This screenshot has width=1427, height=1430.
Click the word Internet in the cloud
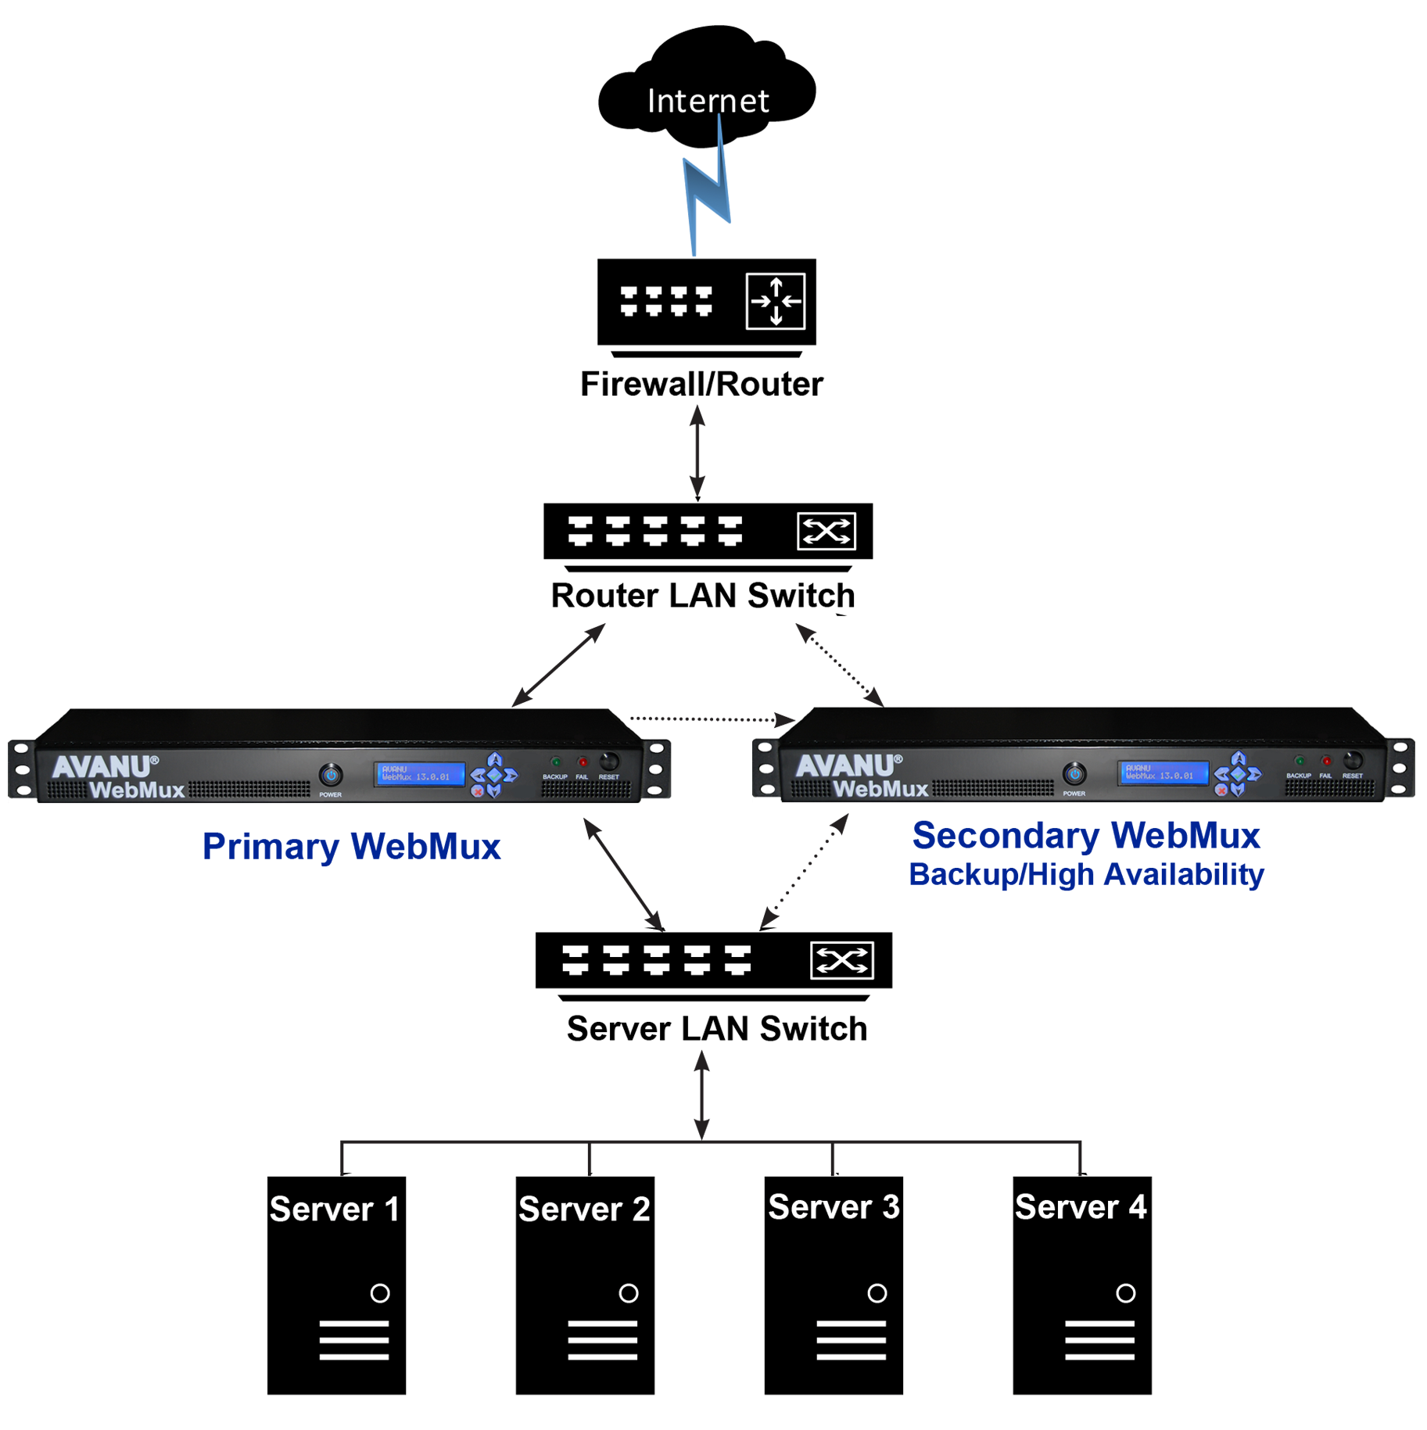pyautogui.click(x=708, y=102)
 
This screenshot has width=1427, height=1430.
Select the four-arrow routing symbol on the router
pyautogui.click(x=775, y=301)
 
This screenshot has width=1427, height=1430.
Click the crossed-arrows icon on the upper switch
pyautogui.click(x=826, y=532)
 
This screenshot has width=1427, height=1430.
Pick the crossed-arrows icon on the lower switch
pyautogui.click(x=841, y=960)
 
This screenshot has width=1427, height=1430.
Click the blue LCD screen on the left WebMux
pyautogui.click(x=419, y=774)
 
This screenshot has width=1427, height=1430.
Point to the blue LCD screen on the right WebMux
pyautogui.click(x=1162, y=772)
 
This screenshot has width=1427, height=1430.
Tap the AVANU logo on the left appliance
pyautogui.click(x=104, y=767)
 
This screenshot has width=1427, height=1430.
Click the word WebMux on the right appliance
pyautogui.click(x=880, y=789)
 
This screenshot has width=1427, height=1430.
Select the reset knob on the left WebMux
pyautogui.click(x=608, y=762)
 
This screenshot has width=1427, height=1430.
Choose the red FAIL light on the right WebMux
pyautogui.click(x=1326, y=761)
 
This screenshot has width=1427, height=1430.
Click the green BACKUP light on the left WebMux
pyautogui.click(x=555, y=762)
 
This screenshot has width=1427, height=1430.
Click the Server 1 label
pyautogui.click(x=335, y=1210)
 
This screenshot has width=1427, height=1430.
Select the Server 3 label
pyautogui.click(x=834, y=1207)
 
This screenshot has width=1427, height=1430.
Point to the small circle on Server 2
pyautogui.click(x=628, y=1293)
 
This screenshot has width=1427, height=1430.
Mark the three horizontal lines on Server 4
pyautogui.click(x=1099, y=1340)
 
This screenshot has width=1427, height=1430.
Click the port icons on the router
pyautogui.click(x=666, y=301)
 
